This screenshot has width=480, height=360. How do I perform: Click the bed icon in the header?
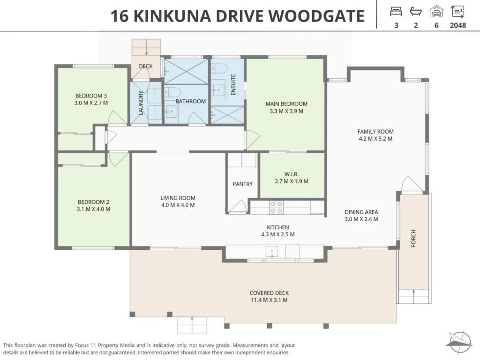(x=396, y=12)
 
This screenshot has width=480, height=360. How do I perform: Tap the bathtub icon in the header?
(x=416, y=12)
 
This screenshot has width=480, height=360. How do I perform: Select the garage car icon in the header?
(x=436, y=12)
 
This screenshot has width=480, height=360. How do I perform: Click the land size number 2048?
(x=458, y=25)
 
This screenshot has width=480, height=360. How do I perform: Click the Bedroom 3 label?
(x=91, y=96)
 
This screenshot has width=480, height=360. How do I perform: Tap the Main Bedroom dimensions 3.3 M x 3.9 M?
(x=286, y=111)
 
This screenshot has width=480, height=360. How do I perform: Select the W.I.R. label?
(x=292, y=174)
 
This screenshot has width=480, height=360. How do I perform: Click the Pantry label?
(x=242, y=184)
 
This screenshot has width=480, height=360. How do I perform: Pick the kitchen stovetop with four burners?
(x=277, y=207)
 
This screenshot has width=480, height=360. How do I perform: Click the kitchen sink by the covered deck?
(x=272, y=252)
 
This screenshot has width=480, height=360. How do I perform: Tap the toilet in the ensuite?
(x=218, y=68)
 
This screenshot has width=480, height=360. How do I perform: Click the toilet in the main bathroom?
(x=173, y=92)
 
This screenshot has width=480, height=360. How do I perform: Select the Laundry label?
(x=141, y=103)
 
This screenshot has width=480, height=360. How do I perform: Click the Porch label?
(x=413, y=239)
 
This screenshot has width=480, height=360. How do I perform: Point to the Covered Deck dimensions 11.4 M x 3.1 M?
(x=270, y=300)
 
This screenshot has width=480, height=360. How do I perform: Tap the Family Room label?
(x=375, y=132)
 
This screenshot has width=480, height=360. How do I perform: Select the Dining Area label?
(x=361, y=212)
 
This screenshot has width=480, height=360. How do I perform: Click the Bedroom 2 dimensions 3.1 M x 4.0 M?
(x=93, y=209)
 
